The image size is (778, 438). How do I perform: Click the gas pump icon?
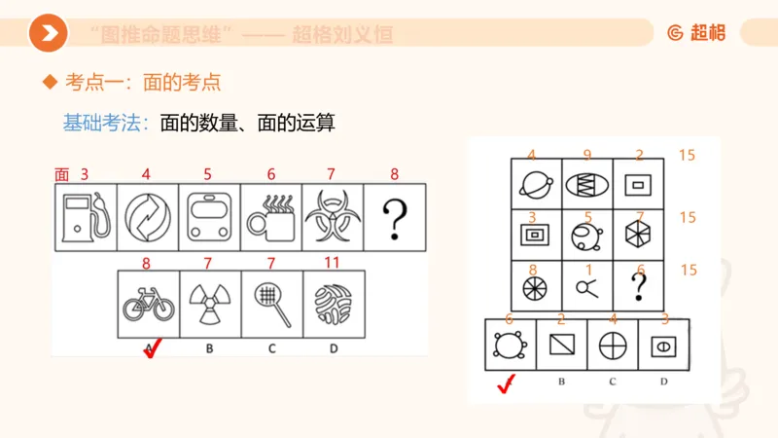tap(86, 218)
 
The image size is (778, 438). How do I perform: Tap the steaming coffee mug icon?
tap(270, 218)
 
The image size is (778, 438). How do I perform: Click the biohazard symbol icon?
tap(333, 218)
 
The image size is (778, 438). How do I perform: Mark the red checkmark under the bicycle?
tap(150, 348)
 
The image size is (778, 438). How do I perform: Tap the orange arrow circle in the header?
tap(48, 34)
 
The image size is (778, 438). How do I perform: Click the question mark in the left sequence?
tap(394, 218)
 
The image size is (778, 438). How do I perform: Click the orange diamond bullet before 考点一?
tap(50, 84)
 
